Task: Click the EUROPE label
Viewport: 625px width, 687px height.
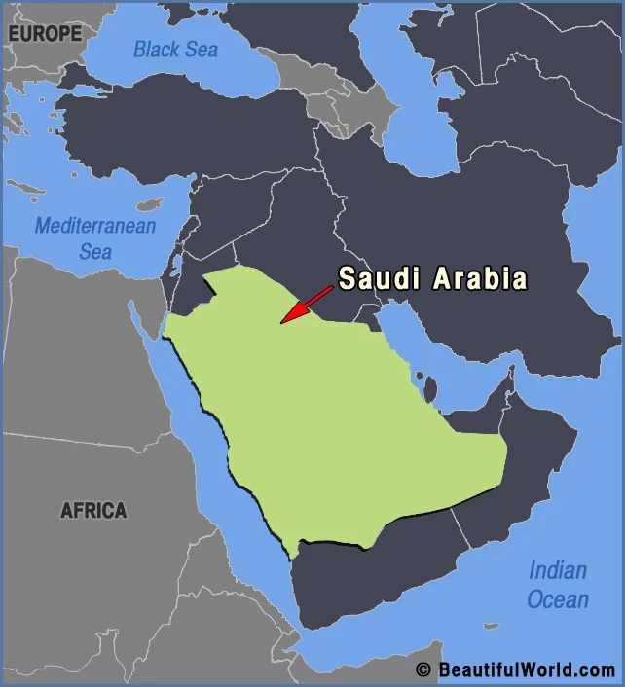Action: point(46,33)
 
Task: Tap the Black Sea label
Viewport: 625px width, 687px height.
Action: point(176,49)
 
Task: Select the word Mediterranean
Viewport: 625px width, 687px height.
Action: point(95,227)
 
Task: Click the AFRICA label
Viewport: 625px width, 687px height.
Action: point(93,510)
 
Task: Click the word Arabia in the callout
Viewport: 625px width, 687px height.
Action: point(479,279)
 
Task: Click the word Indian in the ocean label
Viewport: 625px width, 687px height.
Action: point(558,570)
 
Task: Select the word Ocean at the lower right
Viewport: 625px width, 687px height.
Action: point(558,598)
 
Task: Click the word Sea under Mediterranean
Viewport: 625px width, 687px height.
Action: point(95,252)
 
